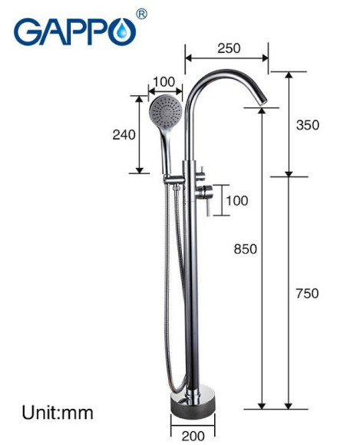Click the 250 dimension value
pyautogui.click(x=228, y=48)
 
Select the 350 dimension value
pyautogui.click(x=306, y=125)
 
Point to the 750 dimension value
pyautogui.click(x=306, y=292)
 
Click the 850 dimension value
pyautogui.click(x=246, y=249)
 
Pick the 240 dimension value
pyautogui.click(x=124, y=135)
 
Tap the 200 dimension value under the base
pyautogui.click(x=194, y=436)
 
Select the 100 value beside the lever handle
pyautogui.click(x=237, y=201)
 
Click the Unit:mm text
pyautogui.click(x=56, y=413)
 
